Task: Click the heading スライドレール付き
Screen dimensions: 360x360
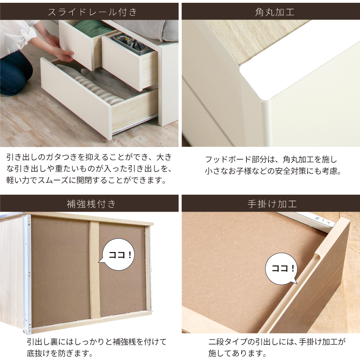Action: (x=92, y=12)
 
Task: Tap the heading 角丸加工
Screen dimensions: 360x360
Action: (x=274, y=12)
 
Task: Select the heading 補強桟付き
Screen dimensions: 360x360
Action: (x=91, y=204)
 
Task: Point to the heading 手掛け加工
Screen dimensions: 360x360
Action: (x=272, y=204)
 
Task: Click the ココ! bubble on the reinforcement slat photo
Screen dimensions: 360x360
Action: (x=118, y=254)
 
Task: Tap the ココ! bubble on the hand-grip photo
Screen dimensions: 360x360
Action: (x=282, y=269)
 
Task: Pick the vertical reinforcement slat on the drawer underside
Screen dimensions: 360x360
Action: (x=94, y=270)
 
